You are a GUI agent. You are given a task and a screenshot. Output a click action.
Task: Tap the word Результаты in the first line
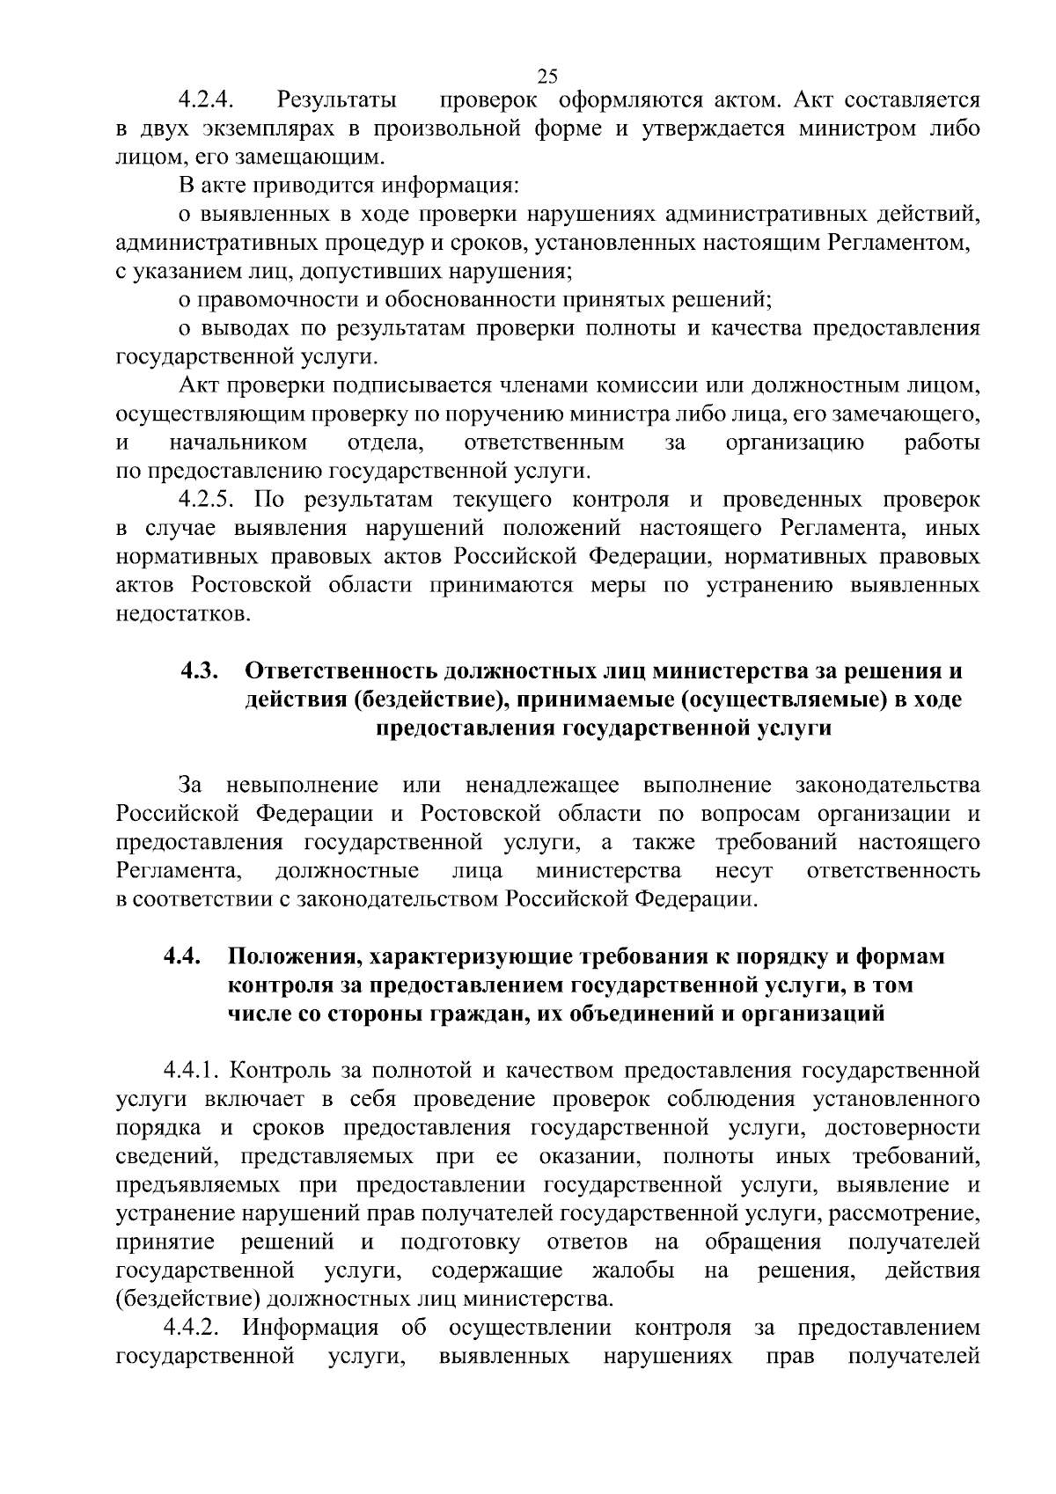pos(335,100)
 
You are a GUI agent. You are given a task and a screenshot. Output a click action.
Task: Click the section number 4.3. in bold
pos(200,671)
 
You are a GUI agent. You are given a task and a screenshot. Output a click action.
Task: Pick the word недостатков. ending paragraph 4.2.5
pos(183,614)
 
